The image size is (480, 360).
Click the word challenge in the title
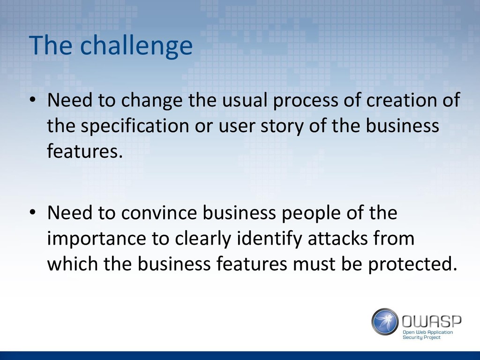pyautogui.click(x=136, y=46)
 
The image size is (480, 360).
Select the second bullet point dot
pyautogui.click(x=33, y=212)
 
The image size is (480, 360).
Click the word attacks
pyautogui.click(x=337, y=238)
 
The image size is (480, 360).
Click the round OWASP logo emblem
pyautogui.click(x=385, y=322)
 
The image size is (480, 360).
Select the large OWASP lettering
pyautogui.click(x=431, y=322)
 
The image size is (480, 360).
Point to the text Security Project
pyautogui.click(x=421, y=337)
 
